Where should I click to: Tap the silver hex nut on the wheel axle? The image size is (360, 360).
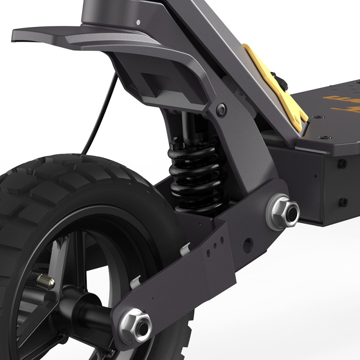[135, 322]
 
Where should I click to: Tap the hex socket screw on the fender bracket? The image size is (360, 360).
[220, 108]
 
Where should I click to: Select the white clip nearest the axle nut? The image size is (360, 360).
[135, 282]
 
